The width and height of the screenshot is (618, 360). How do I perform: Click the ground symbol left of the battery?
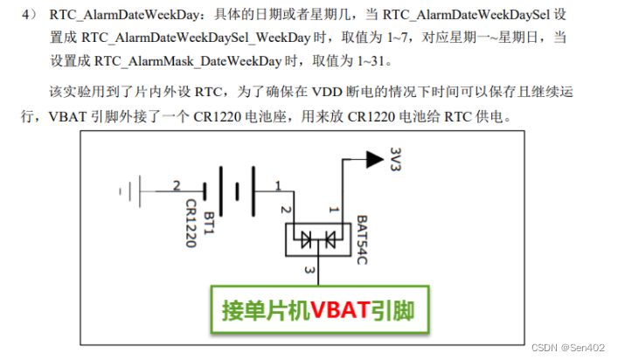(131, 187)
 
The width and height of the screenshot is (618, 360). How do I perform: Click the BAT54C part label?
(364, 236)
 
